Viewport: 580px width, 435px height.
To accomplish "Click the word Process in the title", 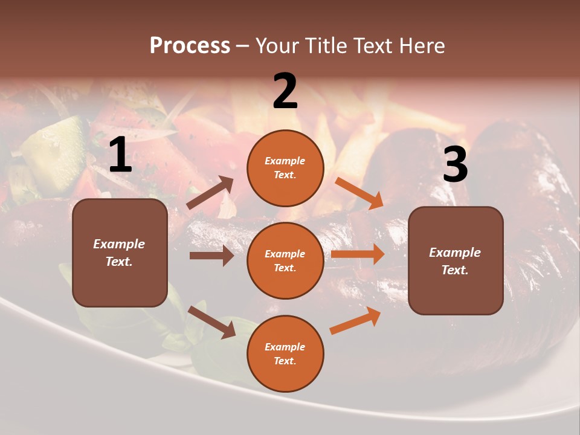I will pos(190,46).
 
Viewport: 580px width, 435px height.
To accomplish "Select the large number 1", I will pos(120,155).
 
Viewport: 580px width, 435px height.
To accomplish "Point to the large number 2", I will pos(285,91).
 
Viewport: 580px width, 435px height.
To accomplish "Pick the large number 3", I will pos(455,165).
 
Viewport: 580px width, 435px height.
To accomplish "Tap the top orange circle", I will pos(285,168).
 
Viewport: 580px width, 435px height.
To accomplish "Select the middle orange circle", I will pos(285,260).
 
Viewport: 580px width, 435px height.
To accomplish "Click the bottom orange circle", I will pos(285,353).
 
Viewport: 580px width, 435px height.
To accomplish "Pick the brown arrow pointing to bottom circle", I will pos(211,322).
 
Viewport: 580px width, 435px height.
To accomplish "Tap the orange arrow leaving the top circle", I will pos(359,193).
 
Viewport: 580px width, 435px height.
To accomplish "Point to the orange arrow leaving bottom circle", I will pos(356,320).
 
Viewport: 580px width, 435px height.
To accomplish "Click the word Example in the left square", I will pos(119,244).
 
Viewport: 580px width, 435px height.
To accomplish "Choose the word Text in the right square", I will pos(454,270).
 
